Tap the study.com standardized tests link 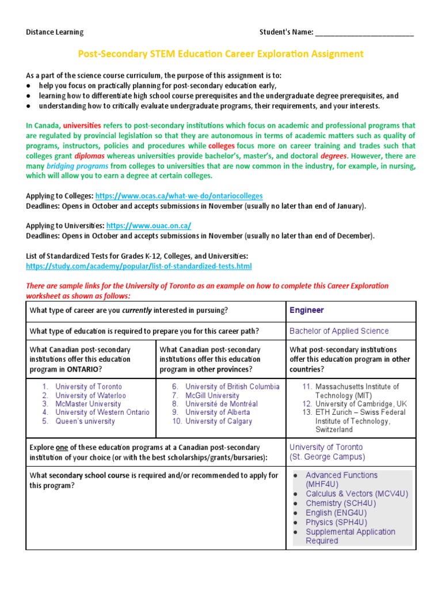coord(139,266)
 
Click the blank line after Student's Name coord(364,32)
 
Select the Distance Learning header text coord(55,32)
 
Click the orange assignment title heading coord(220,54)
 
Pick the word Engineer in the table coord(307,311)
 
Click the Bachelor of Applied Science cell coord(339,331)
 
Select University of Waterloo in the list coord(90,396)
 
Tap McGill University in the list coord(212,396)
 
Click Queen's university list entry coord(85,421)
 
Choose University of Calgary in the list coord(219,421)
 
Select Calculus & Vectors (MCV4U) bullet coord(357,494)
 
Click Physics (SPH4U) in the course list coord(336,522)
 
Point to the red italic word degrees coord(333,156)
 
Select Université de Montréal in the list coord(222,404)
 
